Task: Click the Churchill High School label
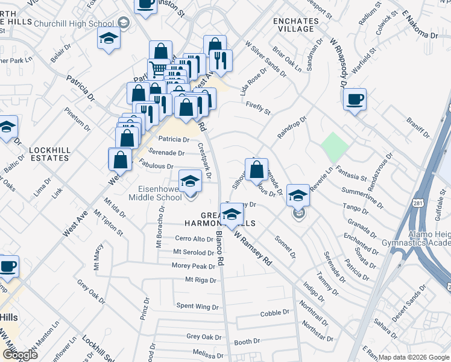(x=81, y=24)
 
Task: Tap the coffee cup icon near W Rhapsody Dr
(x=355, y=98)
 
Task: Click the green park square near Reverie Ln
(x=335, y=145)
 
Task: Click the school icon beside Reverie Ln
(x=297, y=196)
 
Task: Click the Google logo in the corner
(x=20, y=355)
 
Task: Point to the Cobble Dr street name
(x=275, y=314)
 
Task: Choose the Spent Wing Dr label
(x=197, y=307)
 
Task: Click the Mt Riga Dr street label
(x=200, y=279)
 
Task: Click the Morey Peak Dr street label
(x=194, y=266)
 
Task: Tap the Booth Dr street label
(x=247, y=342)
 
